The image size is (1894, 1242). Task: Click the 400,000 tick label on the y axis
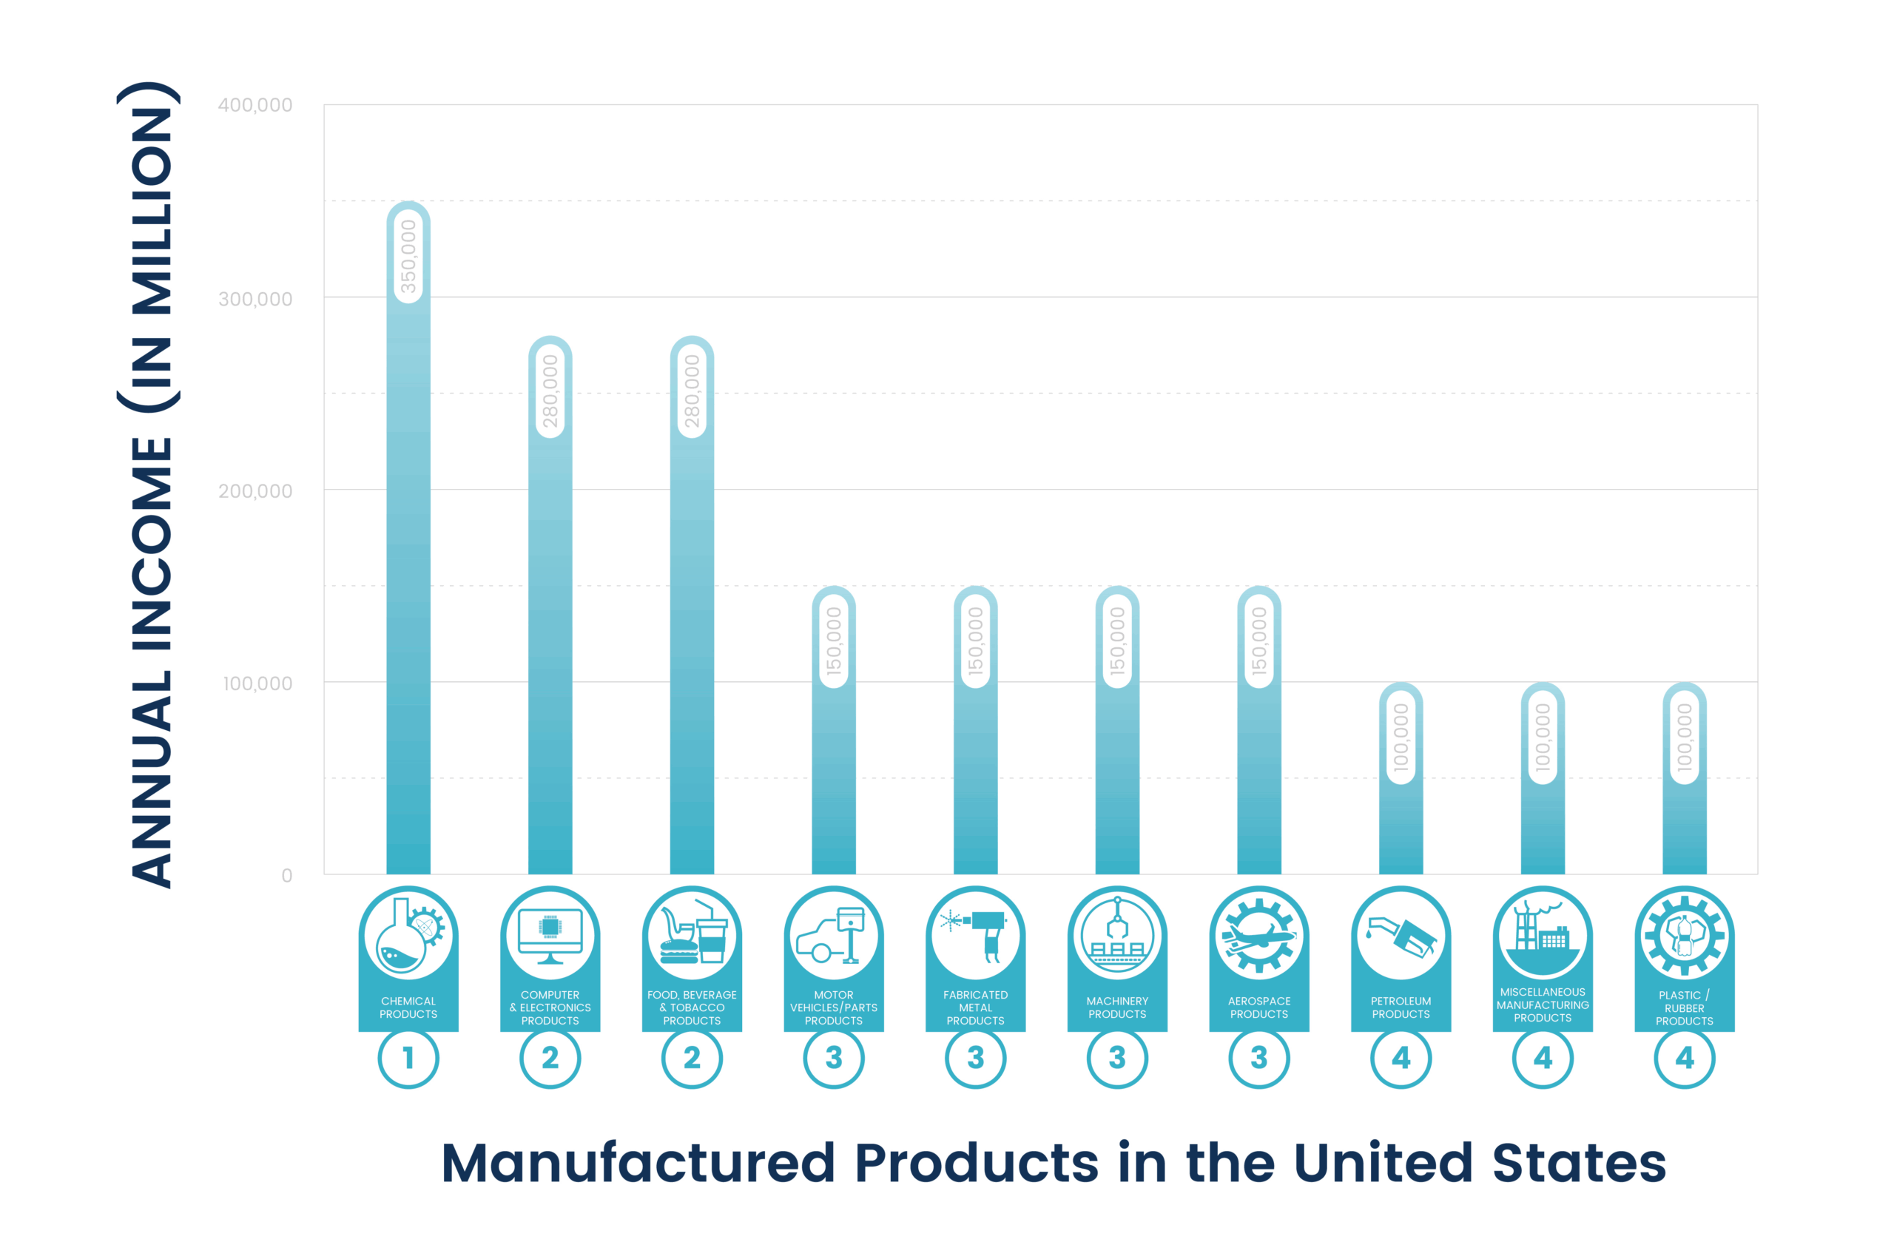click(255, 105)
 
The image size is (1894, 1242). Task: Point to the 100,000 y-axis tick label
click(257, 684)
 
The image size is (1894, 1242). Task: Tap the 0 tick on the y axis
click(286, 876)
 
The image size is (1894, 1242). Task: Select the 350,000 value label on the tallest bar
click(408, 256)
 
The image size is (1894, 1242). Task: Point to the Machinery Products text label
click(1117, 1008)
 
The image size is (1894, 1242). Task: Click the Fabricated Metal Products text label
click(976, 1008)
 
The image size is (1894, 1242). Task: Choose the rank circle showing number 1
click(408, 1059)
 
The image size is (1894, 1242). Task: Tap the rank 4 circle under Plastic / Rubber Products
click(1685, 1059)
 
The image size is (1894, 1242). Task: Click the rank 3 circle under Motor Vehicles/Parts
click(834, 1059)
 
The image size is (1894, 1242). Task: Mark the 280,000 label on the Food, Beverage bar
click(692, 391)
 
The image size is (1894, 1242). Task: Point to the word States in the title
click(1579, 1164)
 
